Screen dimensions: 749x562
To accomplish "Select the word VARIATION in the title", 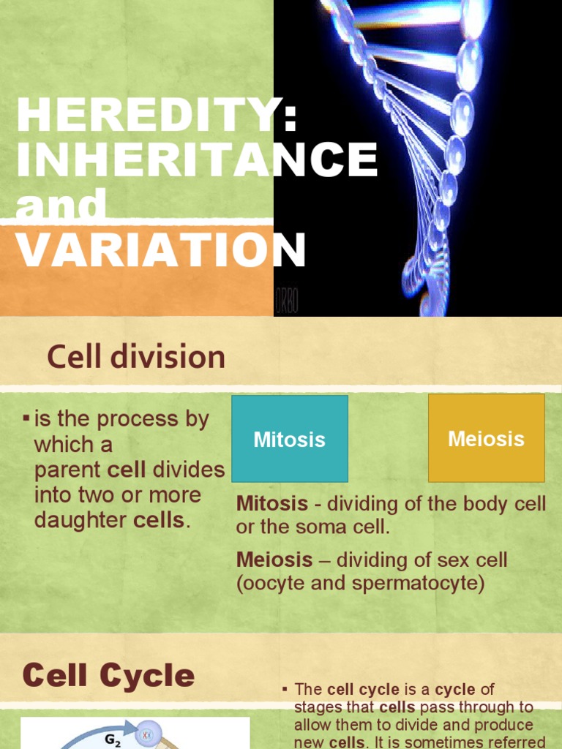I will (x=161, y=250).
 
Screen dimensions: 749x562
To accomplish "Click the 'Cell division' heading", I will (x=136, y=358).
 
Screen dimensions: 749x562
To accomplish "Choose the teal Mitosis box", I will (x=289, y=439).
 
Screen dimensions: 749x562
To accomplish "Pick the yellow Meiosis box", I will (x=486, y=438).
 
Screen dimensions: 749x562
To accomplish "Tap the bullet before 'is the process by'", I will (x=26, y=418).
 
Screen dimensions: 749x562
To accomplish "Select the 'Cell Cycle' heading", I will (x=108, y=674).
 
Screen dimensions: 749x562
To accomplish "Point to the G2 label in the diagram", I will (x=113, y=739).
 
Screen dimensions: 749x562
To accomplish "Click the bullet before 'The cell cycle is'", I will (x=285, y=689).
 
